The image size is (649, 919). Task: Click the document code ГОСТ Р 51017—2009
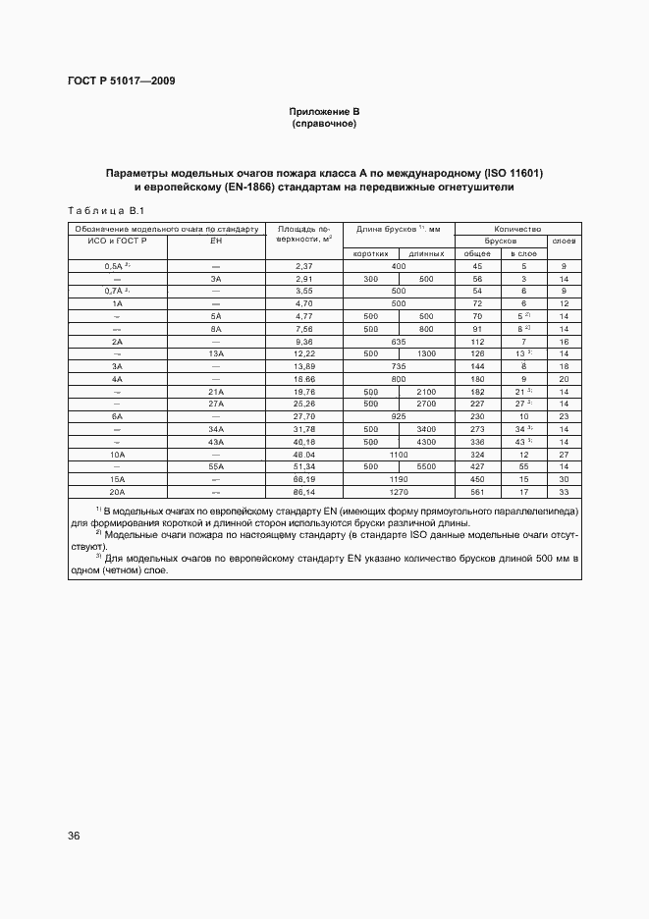click(121, 81)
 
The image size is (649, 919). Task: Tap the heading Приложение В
click(324, 111)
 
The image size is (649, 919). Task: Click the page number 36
click(74, 836)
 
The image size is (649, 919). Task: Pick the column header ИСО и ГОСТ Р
click(117, 241)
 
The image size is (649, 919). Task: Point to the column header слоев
click(564, 241)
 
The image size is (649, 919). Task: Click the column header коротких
click(361, 253)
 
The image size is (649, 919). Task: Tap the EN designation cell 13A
click(216, 352)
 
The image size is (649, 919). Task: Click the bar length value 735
click(399, 365)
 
